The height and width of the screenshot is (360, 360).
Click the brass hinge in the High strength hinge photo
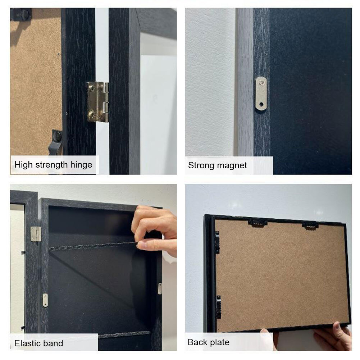pos(97,101)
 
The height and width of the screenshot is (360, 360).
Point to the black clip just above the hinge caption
pos(57,140)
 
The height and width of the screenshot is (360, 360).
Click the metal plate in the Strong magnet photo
pos(261,93)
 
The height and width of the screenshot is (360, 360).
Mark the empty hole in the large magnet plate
pos(262,105)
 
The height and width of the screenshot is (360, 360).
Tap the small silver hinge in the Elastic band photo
pos(36,234)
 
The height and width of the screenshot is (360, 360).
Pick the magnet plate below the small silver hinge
pos(45,300)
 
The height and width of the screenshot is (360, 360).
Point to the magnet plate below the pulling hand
pos(160,288)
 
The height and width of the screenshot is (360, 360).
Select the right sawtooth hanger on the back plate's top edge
pos(310,225)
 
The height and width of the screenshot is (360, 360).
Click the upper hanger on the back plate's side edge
pos(217,242)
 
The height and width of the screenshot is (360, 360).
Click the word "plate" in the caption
pos(219,342)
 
